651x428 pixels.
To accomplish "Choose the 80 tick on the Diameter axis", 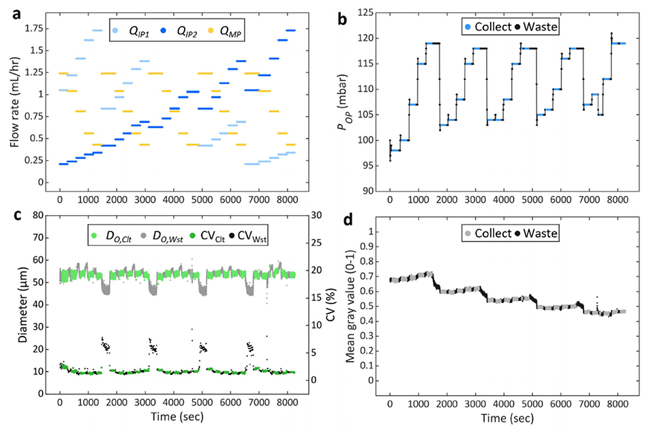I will (x=45, y=215).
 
